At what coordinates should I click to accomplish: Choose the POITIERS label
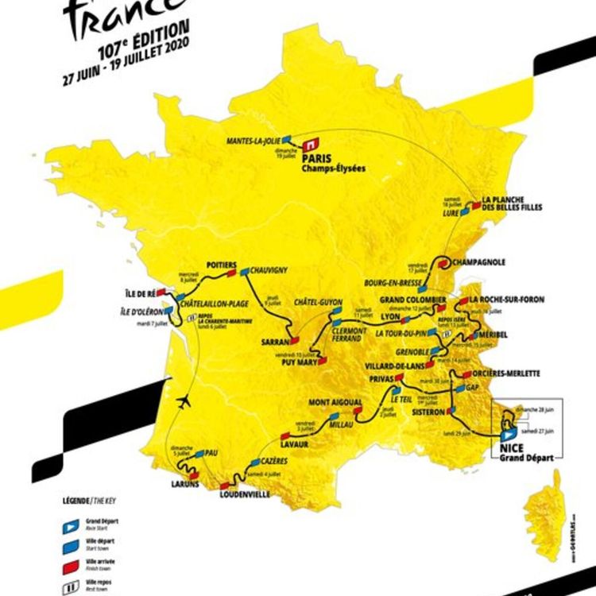(x=221, y=265)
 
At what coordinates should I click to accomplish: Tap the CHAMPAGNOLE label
(x=477, y=261)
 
